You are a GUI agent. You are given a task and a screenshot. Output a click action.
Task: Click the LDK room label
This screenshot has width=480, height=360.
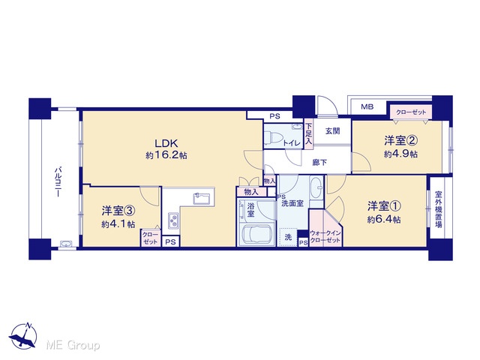tap(166, 143)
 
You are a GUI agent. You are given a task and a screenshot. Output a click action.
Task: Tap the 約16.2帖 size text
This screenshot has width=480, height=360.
tap(166, 155)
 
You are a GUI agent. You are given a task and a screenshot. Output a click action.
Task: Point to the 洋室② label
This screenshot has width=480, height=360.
tap(401, 141)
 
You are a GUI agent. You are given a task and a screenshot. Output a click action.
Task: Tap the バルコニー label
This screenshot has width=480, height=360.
tap(58, 181)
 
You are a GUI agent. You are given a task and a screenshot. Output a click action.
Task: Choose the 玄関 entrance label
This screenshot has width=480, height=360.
tap(332, 131)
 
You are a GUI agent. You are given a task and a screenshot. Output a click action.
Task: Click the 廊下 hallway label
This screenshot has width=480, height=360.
tap(319, 163)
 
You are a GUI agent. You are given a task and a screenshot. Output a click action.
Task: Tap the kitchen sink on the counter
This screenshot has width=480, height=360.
tap(201, 199)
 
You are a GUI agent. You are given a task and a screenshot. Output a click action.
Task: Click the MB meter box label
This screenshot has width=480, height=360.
tap(367, 106)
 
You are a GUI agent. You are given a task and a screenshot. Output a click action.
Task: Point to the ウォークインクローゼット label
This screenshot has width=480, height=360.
tap(325, 237)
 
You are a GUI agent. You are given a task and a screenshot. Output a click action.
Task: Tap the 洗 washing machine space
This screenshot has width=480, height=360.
tap(288, 237)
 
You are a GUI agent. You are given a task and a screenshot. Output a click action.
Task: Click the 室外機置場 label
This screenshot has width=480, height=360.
tap(438, 209)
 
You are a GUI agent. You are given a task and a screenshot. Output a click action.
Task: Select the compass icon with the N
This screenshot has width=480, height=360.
tap(23, 335)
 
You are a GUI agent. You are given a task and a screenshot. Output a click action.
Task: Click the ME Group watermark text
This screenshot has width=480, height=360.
tap(73, 346)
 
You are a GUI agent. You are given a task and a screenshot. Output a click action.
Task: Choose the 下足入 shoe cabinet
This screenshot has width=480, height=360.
tap(308, 133)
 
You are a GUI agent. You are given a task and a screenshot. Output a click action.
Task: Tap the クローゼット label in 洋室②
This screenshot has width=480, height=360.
tap(411, 112)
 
